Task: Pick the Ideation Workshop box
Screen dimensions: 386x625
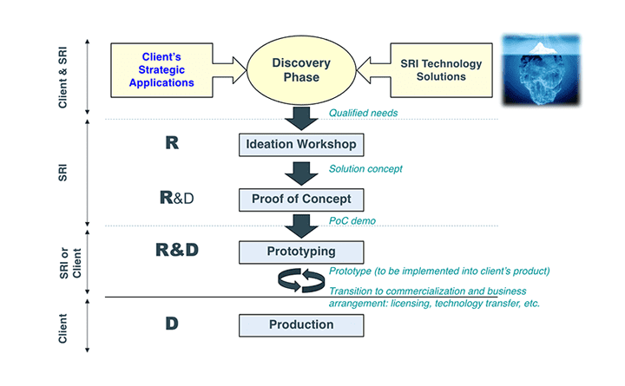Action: (299, 144)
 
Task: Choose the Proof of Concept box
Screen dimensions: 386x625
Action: (299, 200)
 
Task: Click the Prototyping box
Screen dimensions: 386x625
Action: (299, 252)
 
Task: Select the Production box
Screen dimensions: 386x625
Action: (299, 325)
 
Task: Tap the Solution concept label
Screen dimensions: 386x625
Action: (365, 168)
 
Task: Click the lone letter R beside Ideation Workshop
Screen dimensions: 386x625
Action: (171, 143)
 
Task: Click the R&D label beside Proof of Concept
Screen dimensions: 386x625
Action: (176, 198)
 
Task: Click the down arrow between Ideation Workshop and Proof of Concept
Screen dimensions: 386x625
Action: (299, 172)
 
